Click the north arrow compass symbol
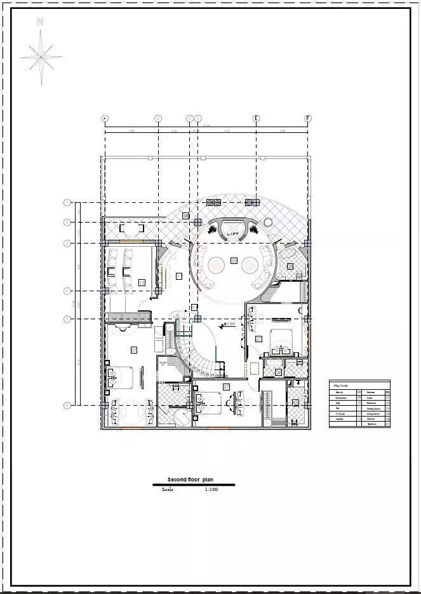(x=41, y=56)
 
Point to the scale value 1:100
(x=211, y=490)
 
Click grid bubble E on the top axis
(x=257, y=118)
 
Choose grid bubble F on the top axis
(x=308, y=118)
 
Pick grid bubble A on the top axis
(x=105, y=118)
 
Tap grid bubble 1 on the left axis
(x=67, y=203)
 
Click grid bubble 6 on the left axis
(x=67, y=404)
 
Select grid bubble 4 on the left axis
(x=67, y=291)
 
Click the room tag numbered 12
(x=141, y=282)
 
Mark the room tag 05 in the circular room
(x=234, y=261)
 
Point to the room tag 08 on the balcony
(x=185, y=216)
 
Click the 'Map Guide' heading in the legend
(x=341, y=385)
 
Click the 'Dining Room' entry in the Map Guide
(x=373, y=408)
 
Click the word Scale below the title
(x=168, y=490)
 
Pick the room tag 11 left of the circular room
(x=178, y=275)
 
